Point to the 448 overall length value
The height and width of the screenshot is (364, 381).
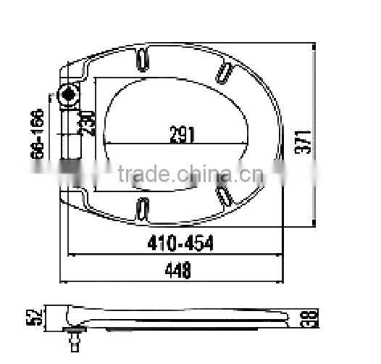click(x=176, y=271)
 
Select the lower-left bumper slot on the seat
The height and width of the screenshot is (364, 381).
click(x=143, y=207)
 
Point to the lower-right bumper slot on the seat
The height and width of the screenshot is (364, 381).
click(x=225, y=194)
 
